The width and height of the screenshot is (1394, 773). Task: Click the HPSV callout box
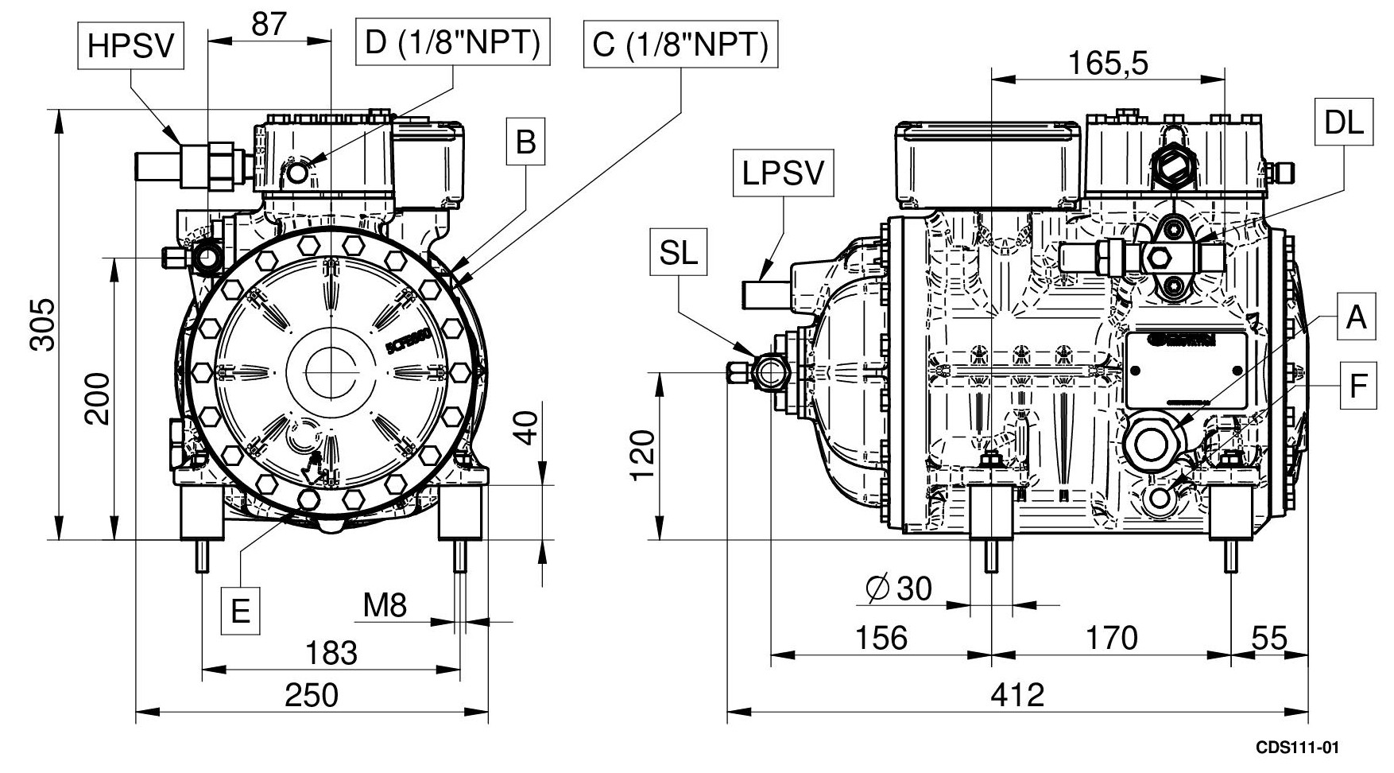(x=130, y=46)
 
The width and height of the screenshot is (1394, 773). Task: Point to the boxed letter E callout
(x=240, y=612)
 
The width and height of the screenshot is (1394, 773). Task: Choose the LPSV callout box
(x=783, y=174)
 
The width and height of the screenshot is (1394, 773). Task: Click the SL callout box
(x=678, y=253)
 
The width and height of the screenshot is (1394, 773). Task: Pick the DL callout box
(x=1344, y=122)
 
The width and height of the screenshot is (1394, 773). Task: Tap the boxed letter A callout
(x=1356, y=318)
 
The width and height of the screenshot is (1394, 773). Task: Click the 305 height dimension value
(x=43, y=324)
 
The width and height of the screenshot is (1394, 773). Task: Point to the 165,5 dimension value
(x=1108, y=64)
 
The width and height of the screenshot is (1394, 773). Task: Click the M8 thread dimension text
(x=385, y=606)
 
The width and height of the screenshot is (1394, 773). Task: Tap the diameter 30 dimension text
(x=898, y=588)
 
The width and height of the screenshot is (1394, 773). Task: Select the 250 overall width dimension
(x=312, y=695)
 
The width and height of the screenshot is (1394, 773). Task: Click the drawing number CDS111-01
(x=1298, y=748)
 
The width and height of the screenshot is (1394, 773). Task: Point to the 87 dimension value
(x=269, y=25)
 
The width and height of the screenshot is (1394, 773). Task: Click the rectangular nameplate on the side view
(x=1186, y=370)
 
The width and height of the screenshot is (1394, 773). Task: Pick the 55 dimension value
(x=1269, y=638)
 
